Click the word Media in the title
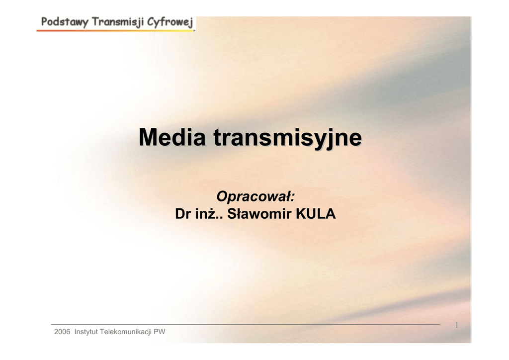(x=172, y=137)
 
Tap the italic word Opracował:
(x=255, y=196)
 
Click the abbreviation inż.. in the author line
(x=209, y=214)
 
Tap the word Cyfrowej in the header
(x=170, y=22)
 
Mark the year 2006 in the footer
(x=62, y=332)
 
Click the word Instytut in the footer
(x=86, y=332)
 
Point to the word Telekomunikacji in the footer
(x=126, y=332)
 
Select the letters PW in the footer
(x=160, y=332)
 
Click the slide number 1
(x=457, y=325)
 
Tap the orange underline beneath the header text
(x=116, y=30)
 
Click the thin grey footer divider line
(x=245, y=324)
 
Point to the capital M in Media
(x=148, y=137)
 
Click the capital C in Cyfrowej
(x=151, y=22)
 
